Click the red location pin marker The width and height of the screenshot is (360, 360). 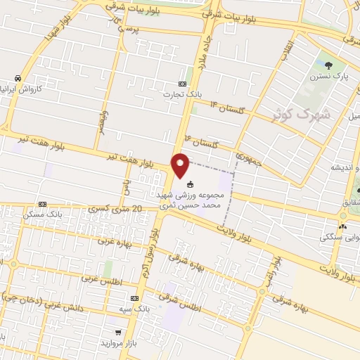point(181,165)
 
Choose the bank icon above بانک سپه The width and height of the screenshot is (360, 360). point(134,298)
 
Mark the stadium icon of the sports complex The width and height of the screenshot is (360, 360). point(190,185)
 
